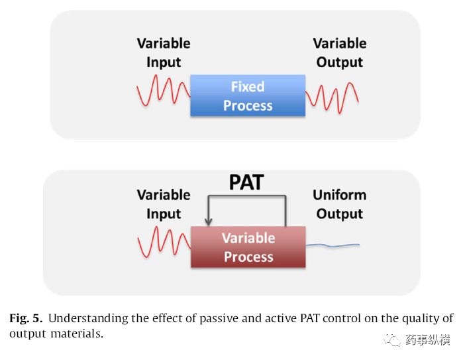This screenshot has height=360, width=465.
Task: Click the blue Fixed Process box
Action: pyautogui.click(x=248, y=95)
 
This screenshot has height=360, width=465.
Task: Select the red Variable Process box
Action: pyautogui.click(x=248, y=247)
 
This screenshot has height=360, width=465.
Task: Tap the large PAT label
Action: pyautogui.click(x=246, y=182)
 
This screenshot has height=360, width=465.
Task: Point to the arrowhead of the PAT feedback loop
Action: pyautogui.click(x=208, y=221)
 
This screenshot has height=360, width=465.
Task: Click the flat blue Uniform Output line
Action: pyautogui.click(x=333, y=245)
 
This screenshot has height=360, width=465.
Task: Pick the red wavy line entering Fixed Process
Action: pyautogui.click(x=164, y=90)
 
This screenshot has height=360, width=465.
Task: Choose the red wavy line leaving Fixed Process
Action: pyautogui.click(x=332, y=98)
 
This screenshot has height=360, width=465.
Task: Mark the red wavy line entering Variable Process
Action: pyautogui.click(x=164, y=242)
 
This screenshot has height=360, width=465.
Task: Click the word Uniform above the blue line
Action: pyautogui.click(x=340, y=195)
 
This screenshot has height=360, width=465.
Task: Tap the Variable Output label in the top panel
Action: pyautogui.click(x=340, y=53)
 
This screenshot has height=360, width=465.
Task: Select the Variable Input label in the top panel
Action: pyautogui.click(x=164, y=53)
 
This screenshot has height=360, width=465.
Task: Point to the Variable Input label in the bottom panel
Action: pyautogui.click(x=164, y=204)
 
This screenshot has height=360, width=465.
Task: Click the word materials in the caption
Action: pyautogui.click(x=77, y=334)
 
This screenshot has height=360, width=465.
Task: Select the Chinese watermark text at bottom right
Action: pyautogui.click(x=428, y=340)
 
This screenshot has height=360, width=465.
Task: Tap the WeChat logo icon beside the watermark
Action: pyautogui.click(x=392, y=340)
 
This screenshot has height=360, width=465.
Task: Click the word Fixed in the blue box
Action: pyautogui.click(x=248, y=87)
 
